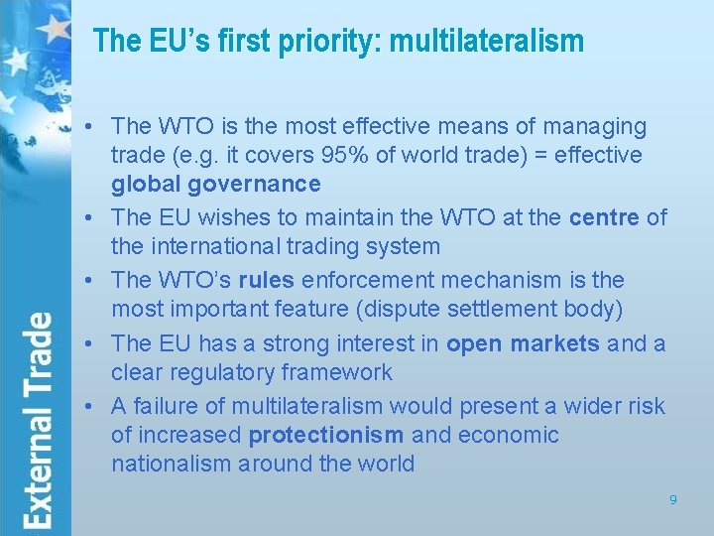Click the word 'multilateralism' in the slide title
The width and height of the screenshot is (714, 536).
click(487, 41)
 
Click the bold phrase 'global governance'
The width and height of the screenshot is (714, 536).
click(216, 185)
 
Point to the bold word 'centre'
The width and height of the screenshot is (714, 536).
click(605, 217)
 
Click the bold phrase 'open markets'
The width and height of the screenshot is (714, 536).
click(523, 343)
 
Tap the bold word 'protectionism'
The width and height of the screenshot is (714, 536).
click(326, 435)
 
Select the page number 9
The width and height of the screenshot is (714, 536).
click(672, 500)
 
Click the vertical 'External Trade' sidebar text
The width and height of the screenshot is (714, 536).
click(39, 420)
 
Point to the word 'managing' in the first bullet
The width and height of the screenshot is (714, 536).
click(601, 126)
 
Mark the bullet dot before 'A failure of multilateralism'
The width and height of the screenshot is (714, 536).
click(90, 405)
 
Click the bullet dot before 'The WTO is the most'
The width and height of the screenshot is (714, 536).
click(90, 126)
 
